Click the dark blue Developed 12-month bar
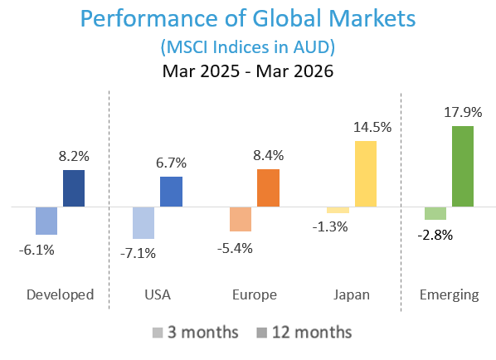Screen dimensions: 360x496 [x=74, y=187]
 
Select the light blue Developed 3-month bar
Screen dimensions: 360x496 [x=46, y=221]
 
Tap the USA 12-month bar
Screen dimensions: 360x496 [x=171, y=191]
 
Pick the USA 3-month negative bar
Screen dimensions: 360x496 [x=143, y=222]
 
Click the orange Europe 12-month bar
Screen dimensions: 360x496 [x=268, y=187]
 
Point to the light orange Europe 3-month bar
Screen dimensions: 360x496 [x=241, y=219]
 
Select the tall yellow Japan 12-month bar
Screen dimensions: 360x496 [x=365, y=173]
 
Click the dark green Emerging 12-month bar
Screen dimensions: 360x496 [x=462, y=166]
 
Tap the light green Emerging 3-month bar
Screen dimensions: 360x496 [x=435, y=213]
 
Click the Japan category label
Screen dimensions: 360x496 [x=351, y=294]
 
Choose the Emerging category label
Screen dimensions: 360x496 [x=449, y=294]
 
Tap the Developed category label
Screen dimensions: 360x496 [x=60, y=294]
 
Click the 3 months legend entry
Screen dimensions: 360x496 [x=196, y=333]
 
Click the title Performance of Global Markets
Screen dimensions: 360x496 [x=247, y=19]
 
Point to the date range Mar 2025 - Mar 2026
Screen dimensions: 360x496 [x=247, y=71]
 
